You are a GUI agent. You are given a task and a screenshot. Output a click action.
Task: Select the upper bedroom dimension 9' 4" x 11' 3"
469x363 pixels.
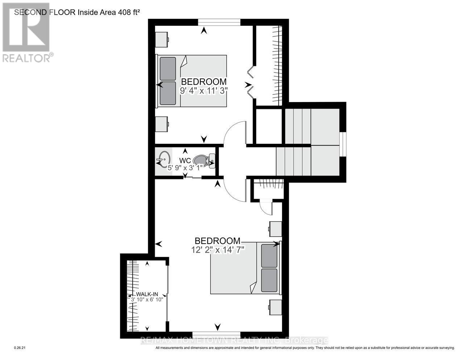click(x=204, y=90)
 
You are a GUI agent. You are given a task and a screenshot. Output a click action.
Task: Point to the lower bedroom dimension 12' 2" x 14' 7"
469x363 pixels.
click(x=219, y=249)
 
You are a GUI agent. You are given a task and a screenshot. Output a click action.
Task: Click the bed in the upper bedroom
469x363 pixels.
click(x=192, y=81)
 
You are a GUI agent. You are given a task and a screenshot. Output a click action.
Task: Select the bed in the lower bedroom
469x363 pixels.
click(x=246, y=268)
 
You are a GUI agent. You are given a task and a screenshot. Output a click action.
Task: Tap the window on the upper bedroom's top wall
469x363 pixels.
click(x=219, y=22)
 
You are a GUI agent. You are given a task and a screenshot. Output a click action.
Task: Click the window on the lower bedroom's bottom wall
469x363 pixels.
click(x=216, y=334)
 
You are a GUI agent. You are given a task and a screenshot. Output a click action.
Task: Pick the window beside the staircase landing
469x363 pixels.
click(x=343, y=144)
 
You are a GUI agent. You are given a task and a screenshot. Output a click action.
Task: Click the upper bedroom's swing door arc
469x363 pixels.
click(x=234, y=132)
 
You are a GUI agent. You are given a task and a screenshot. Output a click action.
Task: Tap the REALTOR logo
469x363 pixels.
click(x=26, y=33)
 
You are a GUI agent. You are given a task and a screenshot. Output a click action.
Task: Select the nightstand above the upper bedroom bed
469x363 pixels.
click(x=162, y=39)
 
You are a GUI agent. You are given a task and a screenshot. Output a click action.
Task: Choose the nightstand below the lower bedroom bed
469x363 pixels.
click(x=275, y=307)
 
